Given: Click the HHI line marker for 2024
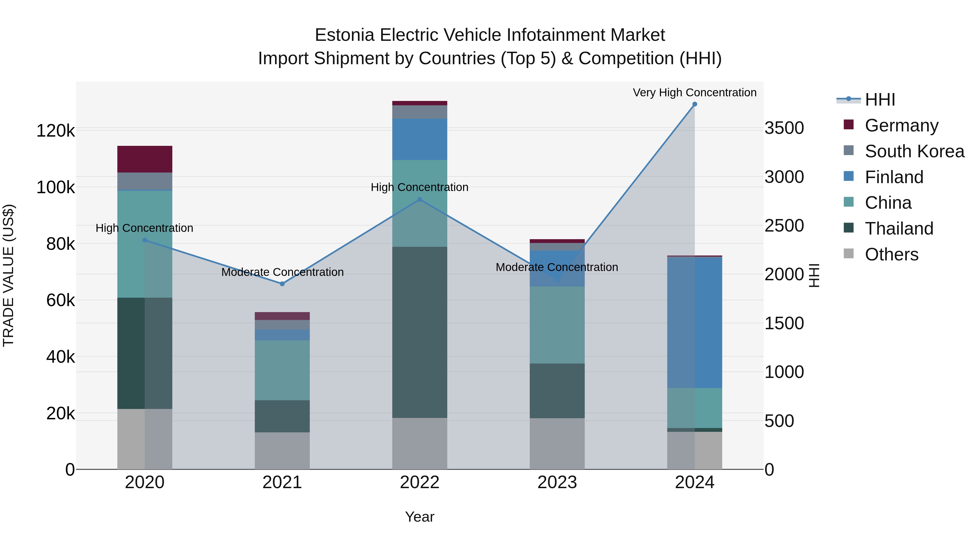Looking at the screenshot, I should [695, 104].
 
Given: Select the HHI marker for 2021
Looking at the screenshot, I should [282, 284].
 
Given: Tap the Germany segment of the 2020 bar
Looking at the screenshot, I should [145, 159].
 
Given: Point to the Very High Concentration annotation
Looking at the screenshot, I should [695, 93].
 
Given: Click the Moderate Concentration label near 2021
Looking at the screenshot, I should [282, 272].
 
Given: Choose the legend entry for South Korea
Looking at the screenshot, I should [914, 151].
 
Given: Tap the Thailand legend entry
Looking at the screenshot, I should [899, 229].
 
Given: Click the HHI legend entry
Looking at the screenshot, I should [880, 100].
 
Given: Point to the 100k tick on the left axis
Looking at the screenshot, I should [56, 187].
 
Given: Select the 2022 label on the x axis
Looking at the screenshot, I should [419, 482].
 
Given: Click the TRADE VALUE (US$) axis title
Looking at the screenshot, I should [8, 275].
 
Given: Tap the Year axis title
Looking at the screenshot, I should [419, 517].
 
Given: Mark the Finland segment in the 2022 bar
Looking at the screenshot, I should [419, 139].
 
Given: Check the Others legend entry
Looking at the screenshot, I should [891, 254].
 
